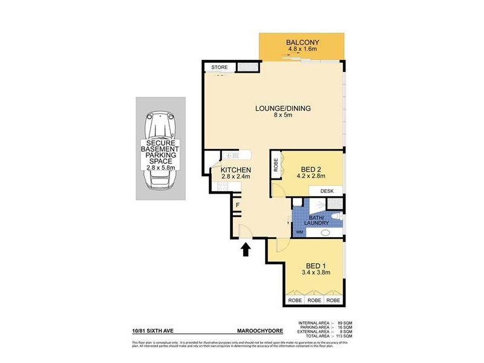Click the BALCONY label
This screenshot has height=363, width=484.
pyautogui.click(x=302, y=42)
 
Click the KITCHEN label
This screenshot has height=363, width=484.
pyautogui.click(x=235, y=171)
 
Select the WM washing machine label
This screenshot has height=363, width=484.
pyautogui.click(x=299, y=232)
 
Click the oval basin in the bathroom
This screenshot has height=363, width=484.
pyautogui.click(x=325, y=232)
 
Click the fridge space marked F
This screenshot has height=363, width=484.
pyautogui.click(x=238, y=206)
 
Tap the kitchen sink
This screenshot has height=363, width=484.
pyautogui.click(x=232, y=155)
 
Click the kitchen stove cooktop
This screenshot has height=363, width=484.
pyautogui.click(x=222, y=187)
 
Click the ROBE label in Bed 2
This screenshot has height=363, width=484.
pyautogui.click(x=276, y=166)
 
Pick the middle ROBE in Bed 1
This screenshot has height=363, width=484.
pyautogui.click(x=313, y=300)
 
